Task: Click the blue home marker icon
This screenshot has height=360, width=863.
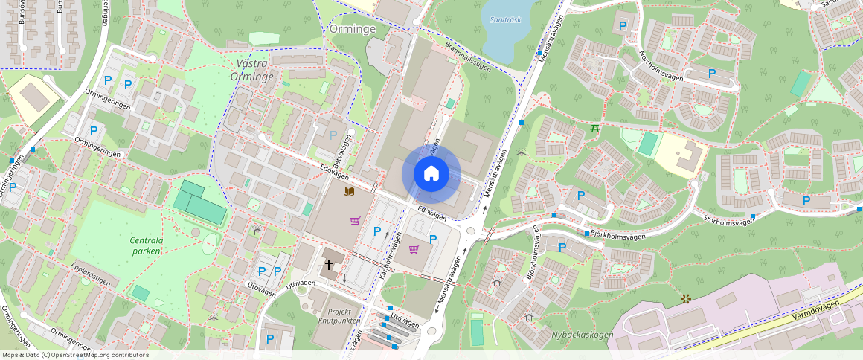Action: [x=431, y=174]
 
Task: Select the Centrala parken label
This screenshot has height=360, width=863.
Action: [x=147, y=246]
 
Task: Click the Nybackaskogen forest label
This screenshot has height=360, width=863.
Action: [x=583, y=335]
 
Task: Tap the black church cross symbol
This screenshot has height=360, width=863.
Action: [x=328, y=265]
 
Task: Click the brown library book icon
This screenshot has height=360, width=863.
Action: [x=347, y=192]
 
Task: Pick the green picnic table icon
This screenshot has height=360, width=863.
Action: [x=594, y=129]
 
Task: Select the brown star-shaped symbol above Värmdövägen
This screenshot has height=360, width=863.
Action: [x=685, y=298]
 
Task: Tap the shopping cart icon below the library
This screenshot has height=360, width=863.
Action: [x=356, y=221]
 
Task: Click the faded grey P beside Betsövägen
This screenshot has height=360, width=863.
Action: [x=333, y=135]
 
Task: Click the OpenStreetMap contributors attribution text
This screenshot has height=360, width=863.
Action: [x=75, y=355]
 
